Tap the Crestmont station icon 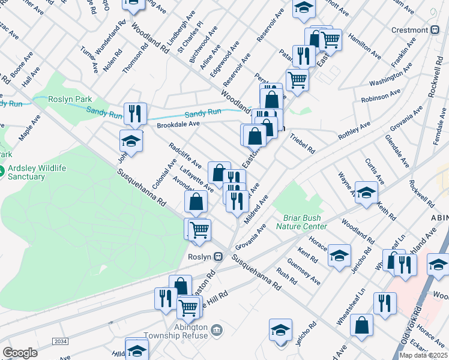click(435, 30)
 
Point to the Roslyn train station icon click(218, 256)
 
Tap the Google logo click(20, 353)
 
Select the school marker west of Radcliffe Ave click(131, 141)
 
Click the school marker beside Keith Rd click(366, 193)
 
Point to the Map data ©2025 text click(423, 355)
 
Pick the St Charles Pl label click(190, 40)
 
